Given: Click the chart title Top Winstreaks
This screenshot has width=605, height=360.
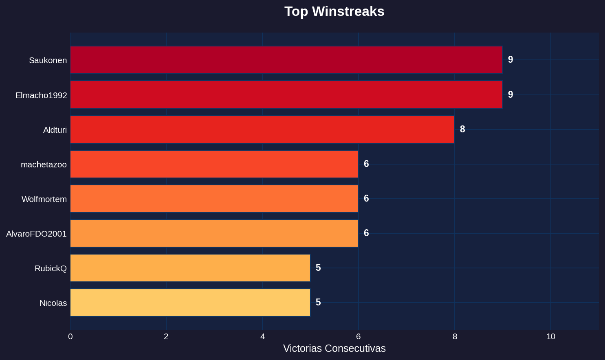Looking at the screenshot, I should [334, 11].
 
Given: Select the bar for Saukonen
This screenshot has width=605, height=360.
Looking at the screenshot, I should [286, 60].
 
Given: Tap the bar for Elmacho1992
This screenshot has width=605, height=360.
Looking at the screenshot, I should [286, 95].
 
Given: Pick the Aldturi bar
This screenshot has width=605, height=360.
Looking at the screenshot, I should [262, 130].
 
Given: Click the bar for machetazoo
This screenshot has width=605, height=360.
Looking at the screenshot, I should [214, 164].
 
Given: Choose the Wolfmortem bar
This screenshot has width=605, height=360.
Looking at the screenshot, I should [214, 199].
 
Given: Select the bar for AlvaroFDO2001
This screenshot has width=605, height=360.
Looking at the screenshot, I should [214, 233].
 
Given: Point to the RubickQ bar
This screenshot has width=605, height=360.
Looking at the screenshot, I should [190, 268].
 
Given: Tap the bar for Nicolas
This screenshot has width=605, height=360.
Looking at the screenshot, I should [190, 303].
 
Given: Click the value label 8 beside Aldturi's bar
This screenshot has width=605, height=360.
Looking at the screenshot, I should [462, 130].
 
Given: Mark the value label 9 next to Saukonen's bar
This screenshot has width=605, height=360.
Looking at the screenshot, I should [510, 60].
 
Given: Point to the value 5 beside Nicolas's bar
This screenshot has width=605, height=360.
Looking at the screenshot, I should [318, 303].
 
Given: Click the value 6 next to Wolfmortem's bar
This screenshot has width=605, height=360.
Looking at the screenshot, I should [366, 199].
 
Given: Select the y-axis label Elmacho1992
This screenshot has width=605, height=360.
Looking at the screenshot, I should [41, 95].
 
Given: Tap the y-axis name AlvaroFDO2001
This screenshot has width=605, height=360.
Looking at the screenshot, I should [36, 234].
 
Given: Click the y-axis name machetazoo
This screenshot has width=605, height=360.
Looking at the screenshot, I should [44, 165].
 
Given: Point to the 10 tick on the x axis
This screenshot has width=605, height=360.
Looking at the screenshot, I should [551, 337].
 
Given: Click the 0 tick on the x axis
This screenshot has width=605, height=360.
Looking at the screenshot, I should [70, 337].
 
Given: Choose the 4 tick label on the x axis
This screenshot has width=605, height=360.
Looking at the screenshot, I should [262, 337].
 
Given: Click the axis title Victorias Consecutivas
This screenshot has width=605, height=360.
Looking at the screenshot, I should [334, 349].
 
